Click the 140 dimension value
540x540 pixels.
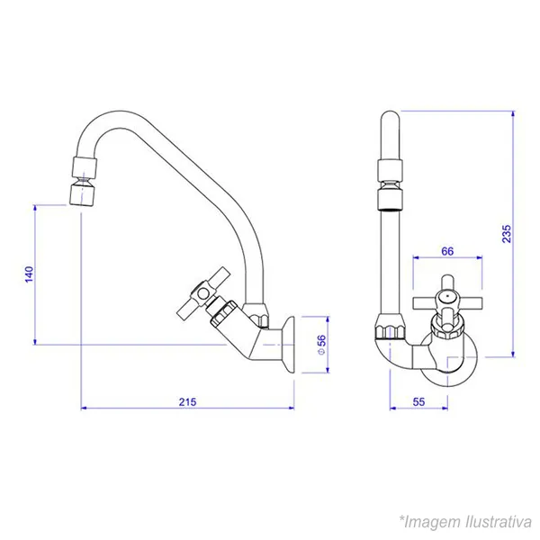(x=30, y=274)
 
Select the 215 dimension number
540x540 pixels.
(x=187, y=402)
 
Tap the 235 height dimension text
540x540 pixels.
(x=506, y=234)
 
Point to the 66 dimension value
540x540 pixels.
(x=447, y=251)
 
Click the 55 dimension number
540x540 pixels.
(x=418, y=402)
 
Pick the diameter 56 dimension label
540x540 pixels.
(x=321, y=345)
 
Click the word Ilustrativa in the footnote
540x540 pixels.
(x=499, y=522)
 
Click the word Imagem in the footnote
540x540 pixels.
(x=433, y=522)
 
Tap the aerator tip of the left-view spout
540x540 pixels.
(x=82, y=195)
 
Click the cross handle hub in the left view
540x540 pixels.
(x=203, y=293)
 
